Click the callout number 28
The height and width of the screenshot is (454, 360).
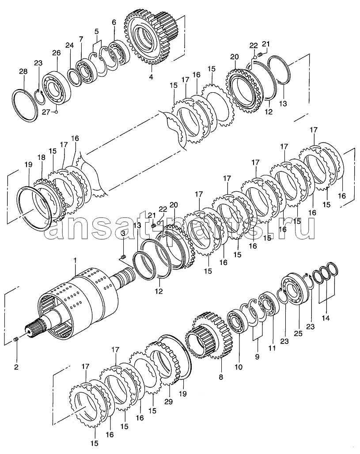pyautogui.click(x=23, y=72)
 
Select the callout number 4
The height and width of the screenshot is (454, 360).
pyautogui.click(x=151, y=77)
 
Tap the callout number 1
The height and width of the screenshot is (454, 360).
pyautogui.click(x=75, y=261)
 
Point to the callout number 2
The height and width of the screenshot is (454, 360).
pyautogui.click(x=16, y=367)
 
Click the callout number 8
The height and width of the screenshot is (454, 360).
pyautogui.click(x=221, y=377)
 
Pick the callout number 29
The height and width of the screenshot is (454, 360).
pyautogui.click(x=169, y=402)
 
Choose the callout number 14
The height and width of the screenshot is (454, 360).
pyautogui.click(x=326, y=318)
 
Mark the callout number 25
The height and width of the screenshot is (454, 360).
pyautogui.click(x=298, y=333)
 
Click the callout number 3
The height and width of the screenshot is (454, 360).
pyautogui.click(x=123, y=233)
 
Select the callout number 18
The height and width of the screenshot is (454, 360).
pyautogui.click(x=42, y=158)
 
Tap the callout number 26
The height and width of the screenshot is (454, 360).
pyautogui.click(x=57, y=53)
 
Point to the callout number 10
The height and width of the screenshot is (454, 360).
pyautogui.click(x=239, y=367)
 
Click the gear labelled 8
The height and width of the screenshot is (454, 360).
pyautogui.click(x=209, y=335)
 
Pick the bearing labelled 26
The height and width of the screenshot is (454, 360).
pyautogui.click(x=57, y=84)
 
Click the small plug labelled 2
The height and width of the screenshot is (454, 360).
pyautogui.click(x=16, y=339)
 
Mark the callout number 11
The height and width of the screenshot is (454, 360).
pyautogui.click(x=272, y=348)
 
